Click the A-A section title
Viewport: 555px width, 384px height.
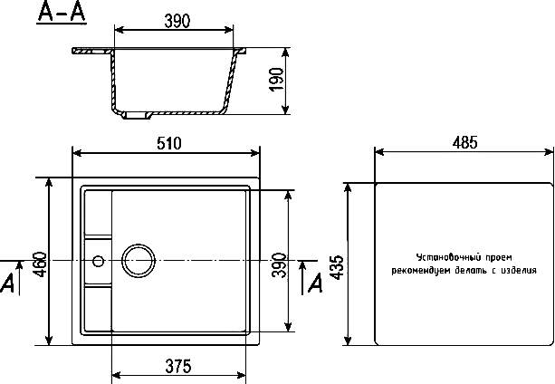62,13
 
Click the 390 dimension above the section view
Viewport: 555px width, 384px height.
177,21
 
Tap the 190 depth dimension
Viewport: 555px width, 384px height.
277,80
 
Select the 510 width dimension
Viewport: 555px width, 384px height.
168,143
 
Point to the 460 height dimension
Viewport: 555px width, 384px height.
39,264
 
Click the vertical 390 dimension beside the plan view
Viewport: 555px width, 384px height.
279,265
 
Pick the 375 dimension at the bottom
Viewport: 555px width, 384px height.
178,366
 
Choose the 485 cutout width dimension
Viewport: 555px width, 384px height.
464,142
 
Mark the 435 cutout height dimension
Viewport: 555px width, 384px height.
338,267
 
